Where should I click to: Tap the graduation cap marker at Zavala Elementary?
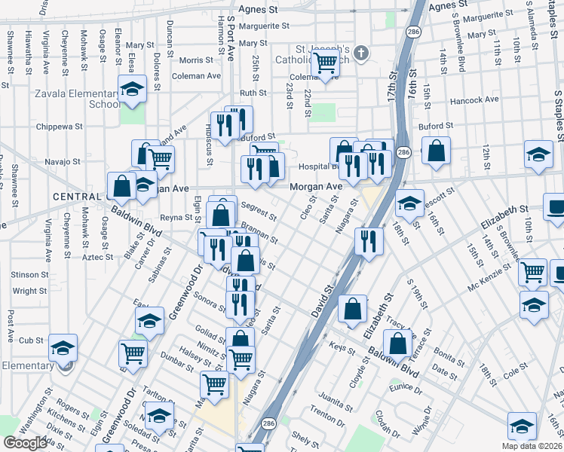coord(132,90)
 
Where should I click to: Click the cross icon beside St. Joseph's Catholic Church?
coord(361,53)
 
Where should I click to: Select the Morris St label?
coord(197,60)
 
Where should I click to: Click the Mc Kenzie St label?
coord(483,286)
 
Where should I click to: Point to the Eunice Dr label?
coord(405,388)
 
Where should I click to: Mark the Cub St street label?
coord(31,341)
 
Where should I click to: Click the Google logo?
coord(25,443)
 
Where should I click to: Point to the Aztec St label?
coord(97,257)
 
